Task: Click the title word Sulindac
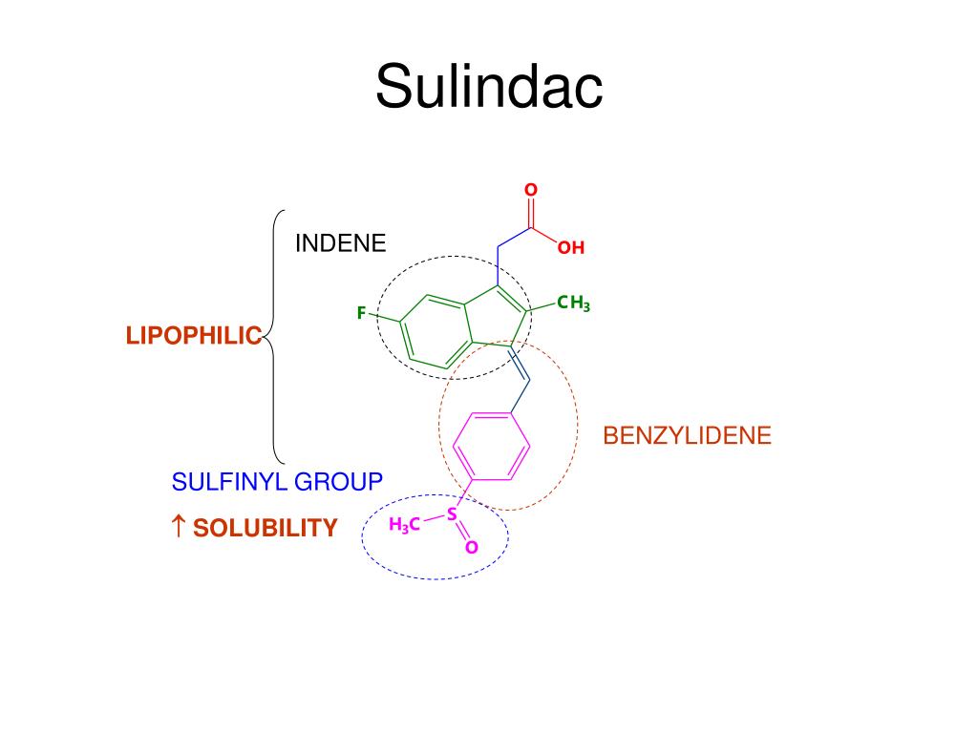[489, 86]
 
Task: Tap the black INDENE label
[341, 243]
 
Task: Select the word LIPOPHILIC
[194, 335]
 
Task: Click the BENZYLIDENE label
[688, 435]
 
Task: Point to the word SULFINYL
[229, 481]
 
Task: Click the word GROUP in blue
[339, 481]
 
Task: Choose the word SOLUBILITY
[266, 528]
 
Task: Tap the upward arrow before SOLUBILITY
[179, 526]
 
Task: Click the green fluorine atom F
[361, 313]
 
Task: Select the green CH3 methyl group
[573, 303]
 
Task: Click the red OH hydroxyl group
[571, 247]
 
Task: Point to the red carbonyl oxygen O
[531, 190]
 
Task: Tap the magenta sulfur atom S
[452, 514]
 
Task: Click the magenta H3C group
[404, 526]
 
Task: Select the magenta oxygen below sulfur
[472, 547]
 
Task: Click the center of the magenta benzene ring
[492, 447]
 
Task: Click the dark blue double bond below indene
[520, 362]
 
